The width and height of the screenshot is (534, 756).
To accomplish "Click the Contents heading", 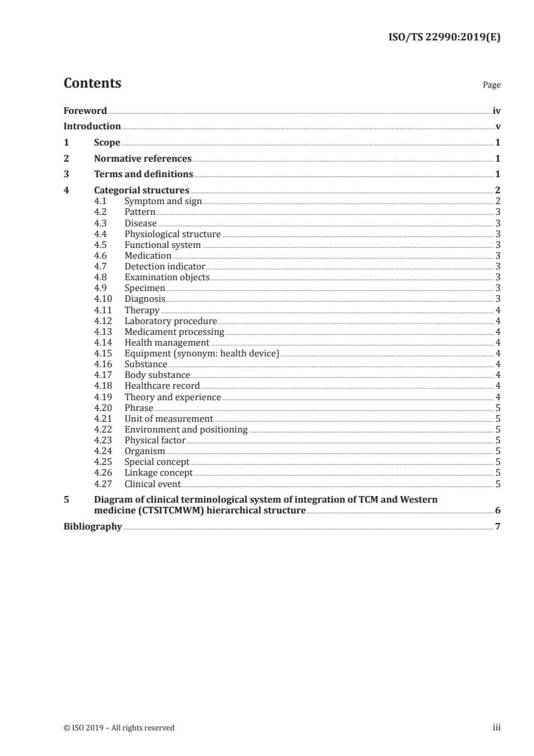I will (92, 84).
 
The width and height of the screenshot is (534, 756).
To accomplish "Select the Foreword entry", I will (85, 111).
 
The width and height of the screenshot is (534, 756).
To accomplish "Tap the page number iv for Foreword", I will (496, 111).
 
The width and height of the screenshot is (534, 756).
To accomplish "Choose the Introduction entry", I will (92, 127).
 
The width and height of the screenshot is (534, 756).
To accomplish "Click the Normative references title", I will (143, 159).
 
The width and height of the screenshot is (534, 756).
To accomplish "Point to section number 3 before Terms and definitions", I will (66, 175).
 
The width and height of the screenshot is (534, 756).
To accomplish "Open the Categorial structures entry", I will (141, 191).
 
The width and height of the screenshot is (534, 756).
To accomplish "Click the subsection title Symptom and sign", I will (163, 201).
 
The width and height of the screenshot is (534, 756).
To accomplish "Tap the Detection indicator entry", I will (164, 267).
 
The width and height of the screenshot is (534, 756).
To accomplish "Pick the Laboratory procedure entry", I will (170, 321).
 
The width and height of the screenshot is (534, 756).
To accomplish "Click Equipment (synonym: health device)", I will (202, 353).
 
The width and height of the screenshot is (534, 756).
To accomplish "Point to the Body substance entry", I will (157, 375).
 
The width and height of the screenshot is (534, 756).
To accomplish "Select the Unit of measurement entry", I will (168, 418).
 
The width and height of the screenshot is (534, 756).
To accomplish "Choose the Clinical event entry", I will (153, 483).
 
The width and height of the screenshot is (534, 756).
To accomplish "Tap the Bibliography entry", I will (92, 526).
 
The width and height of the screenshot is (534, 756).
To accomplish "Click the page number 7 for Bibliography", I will (498, 526).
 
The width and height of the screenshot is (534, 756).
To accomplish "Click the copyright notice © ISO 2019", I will (119, 728).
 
